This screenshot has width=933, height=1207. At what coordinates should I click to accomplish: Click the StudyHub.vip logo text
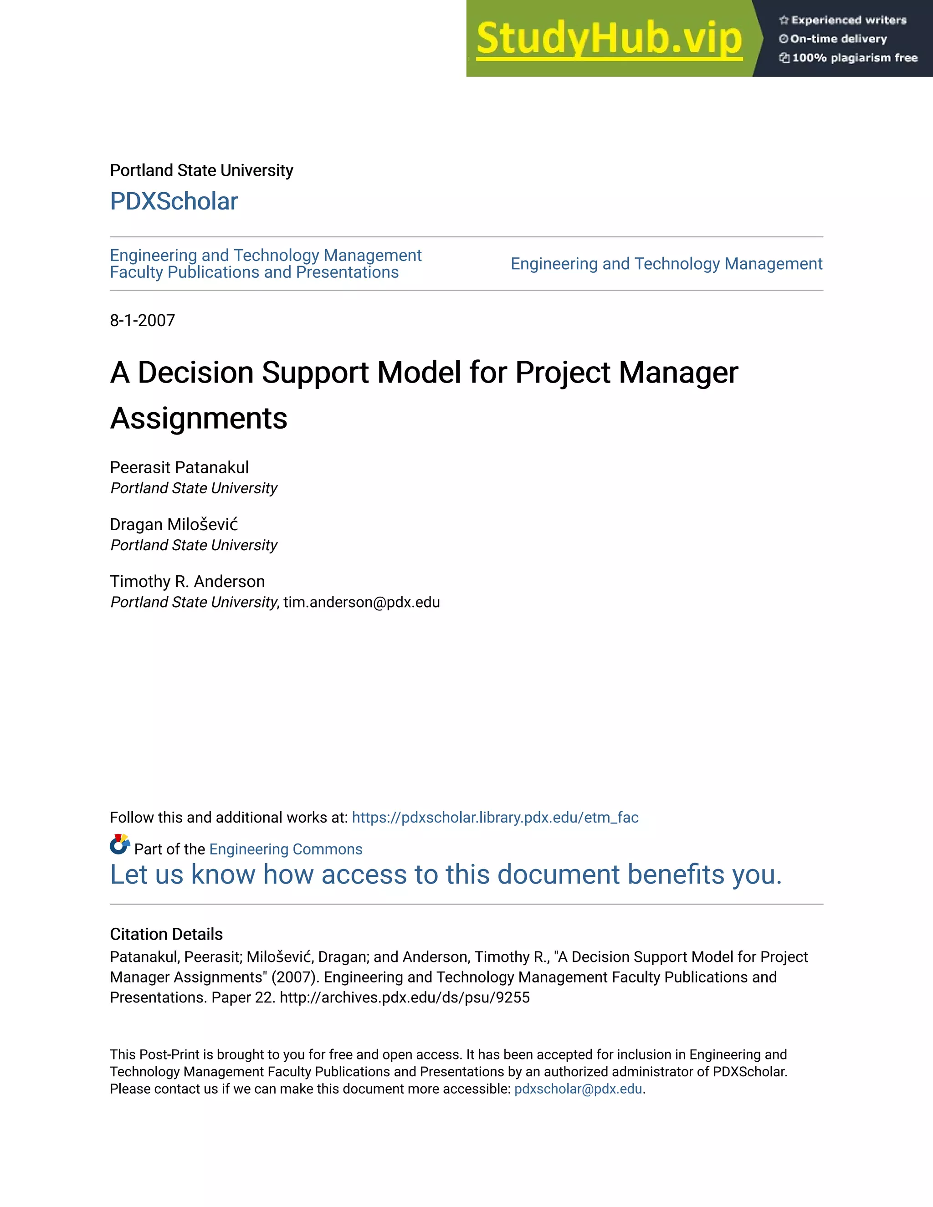(609, 39)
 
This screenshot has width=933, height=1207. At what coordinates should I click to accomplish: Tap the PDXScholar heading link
(174, 201)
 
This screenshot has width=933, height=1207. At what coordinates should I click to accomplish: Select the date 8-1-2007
(143, 321)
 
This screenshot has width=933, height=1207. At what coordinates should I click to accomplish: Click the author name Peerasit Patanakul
(179, 468)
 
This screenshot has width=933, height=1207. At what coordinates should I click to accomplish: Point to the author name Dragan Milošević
(174, 524)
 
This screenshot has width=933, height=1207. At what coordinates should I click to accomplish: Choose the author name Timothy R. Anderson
(187, 581)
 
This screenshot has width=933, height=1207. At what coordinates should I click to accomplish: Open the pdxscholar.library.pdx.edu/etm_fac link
(495, 818)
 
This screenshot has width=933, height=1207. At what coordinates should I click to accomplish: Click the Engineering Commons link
(286, 849)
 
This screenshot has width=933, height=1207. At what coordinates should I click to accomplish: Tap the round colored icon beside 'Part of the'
(119, 844)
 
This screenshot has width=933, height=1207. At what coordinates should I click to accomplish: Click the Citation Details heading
(166, 934)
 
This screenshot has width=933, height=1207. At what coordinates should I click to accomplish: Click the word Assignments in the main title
(199, 419)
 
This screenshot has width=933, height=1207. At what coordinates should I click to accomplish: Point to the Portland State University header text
(201, 170)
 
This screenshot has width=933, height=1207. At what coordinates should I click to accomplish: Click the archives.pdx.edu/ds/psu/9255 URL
(405, 997)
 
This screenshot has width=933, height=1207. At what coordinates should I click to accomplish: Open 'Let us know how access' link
(446, 875)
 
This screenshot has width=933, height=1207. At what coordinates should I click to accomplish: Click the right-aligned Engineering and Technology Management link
(666, 264)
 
